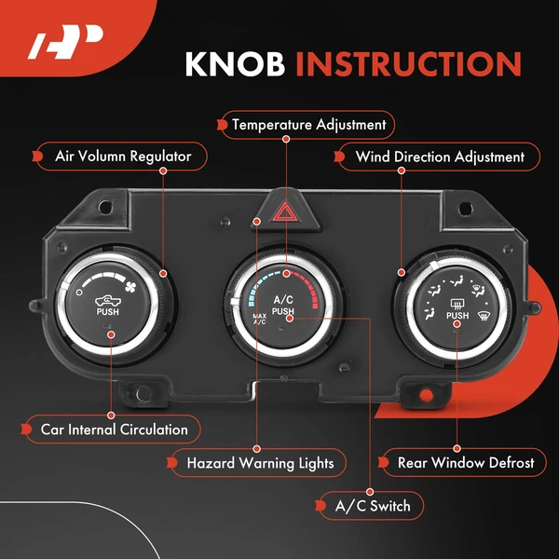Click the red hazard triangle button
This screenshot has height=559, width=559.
[x=284, y=212]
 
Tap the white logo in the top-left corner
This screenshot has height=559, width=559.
[x=65, y=42]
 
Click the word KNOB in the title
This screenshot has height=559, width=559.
[x=235, y=63]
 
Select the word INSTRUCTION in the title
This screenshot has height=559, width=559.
[x=409, y=64]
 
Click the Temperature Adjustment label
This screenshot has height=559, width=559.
[x=308, y=125]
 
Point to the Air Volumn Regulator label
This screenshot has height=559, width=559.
[x=123, y=157]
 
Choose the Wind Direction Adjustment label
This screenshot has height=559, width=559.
[x=440, y=157]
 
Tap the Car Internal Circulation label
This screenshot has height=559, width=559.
[x=114, y=429]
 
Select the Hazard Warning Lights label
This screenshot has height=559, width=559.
[x=260, y=463]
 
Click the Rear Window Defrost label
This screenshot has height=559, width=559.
[x=466, y=463]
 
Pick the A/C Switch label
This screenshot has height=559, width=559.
[x=373, y=506]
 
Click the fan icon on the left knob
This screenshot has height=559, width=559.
[x=130, y=286]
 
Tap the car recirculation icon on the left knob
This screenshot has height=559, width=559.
[x=108, y=301]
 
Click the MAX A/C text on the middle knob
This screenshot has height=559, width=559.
[x=260, y=319]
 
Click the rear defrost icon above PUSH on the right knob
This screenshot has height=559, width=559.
[x=457, y=304]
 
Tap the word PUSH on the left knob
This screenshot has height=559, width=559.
[x=108, y=312]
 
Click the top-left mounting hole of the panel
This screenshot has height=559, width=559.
[x=105, y=206]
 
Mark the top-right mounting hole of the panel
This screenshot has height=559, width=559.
[x=466, y=208]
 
